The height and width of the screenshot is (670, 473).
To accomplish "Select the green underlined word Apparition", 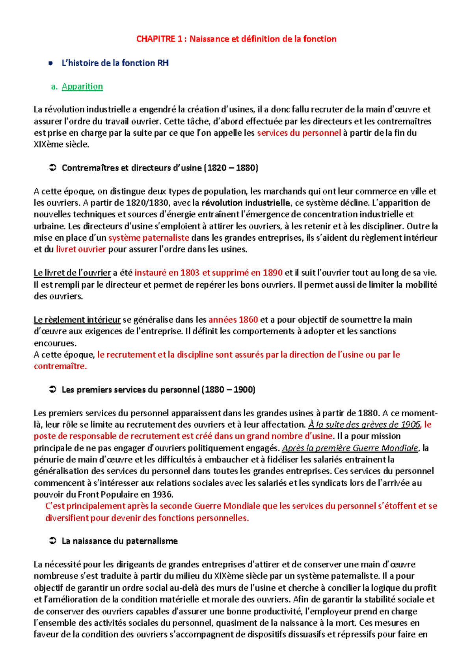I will click(82, 86).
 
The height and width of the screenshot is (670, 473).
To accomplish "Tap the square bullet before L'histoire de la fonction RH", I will click(50, 63).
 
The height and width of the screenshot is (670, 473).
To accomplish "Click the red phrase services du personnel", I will click(299, 133).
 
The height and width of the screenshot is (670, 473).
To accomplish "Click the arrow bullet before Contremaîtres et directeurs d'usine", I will click(52, 168).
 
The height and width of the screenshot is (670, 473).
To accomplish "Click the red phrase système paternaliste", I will click(149, 238).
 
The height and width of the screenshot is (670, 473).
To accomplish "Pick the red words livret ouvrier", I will click(81, 249).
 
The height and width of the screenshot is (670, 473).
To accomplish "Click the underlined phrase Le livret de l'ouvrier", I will click(72, 273).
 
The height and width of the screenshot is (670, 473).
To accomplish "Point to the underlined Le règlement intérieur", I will click(77, 320).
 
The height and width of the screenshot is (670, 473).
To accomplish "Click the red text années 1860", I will click(233, 320).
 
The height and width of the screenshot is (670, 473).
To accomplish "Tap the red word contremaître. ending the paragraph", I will click(60, 366).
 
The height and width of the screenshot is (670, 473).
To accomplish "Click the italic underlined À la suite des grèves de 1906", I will click(364, 425).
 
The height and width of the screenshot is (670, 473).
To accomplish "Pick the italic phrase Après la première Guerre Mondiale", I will click(350, 448).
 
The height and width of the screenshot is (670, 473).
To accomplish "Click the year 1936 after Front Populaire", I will click(162, 494).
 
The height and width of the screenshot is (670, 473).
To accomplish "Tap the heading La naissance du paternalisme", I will click(119, 541).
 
